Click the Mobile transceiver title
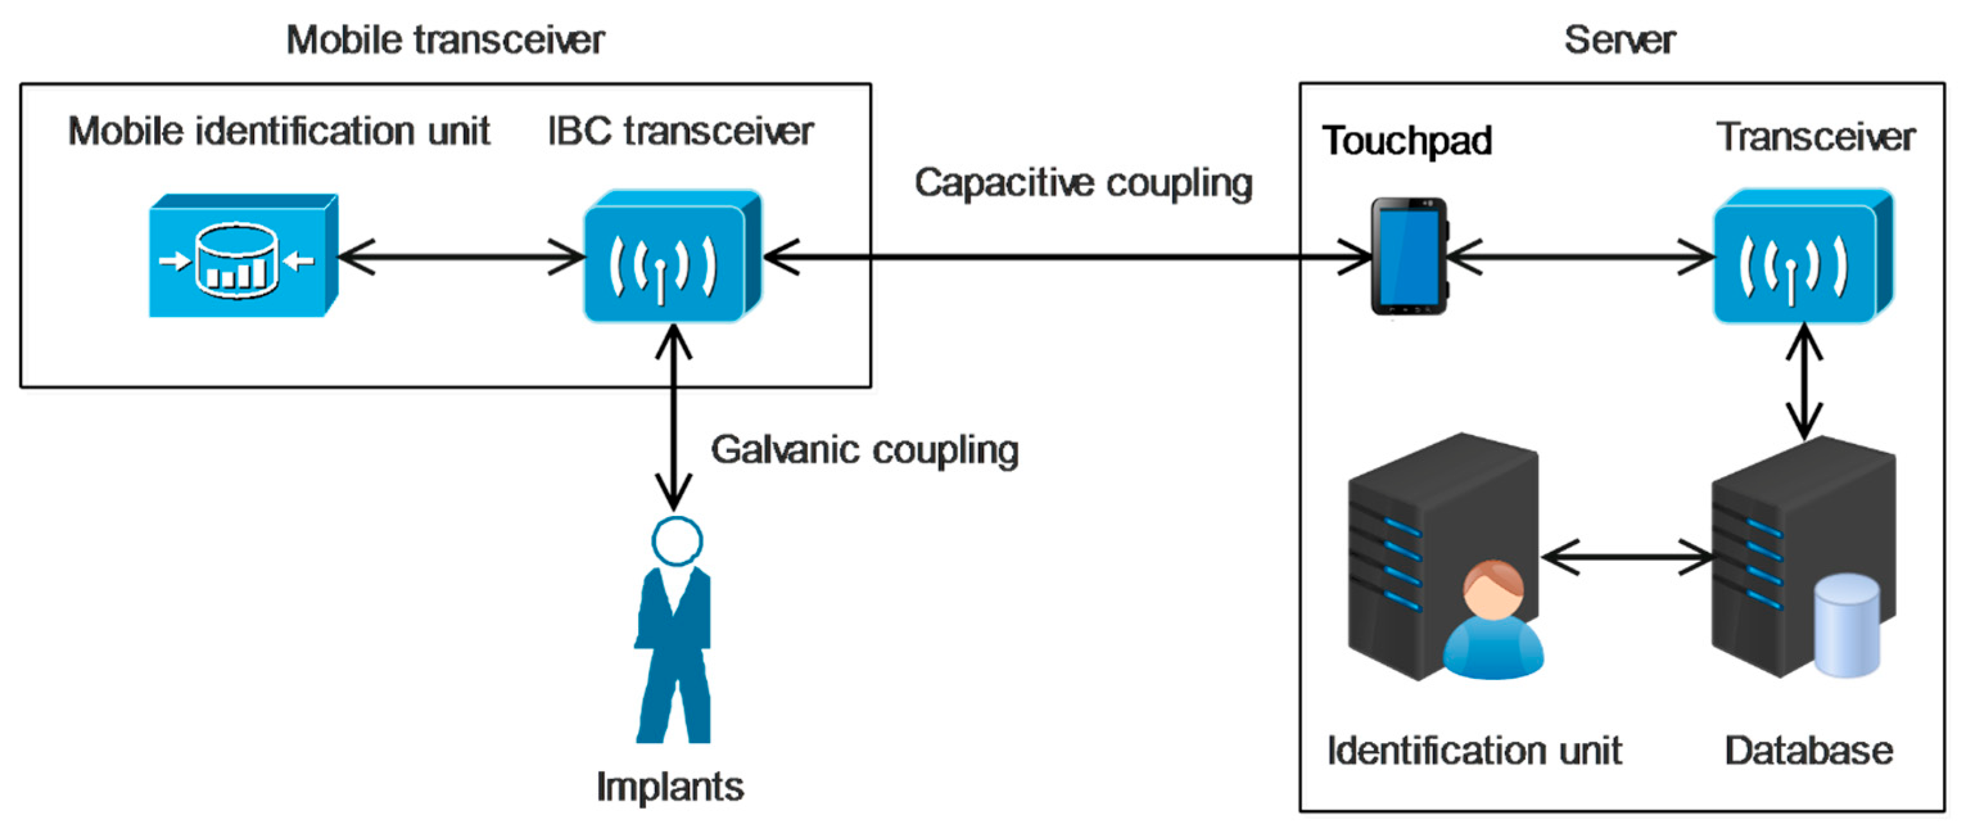pyautogui.click(x=445, y=40)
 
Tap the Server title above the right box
pyautogui.click(x=1619, y=40)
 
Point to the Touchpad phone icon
pyautogui.click(x=1409, y=257)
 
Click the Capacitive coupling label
pyautogui.click(x=1083, y=184)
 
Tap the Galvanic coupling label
pyautogui.click(x=864, y=450)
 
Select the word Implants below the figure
pyautogui.click(x=669, y=787)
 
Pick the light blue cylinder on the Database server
pyautogui.click(x=1846, y=626)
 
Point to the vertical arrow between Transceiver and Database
pyautogui.click(x=1804, y=382)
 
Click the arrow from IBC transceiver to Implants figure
pyautogui.click(x=674, y=416)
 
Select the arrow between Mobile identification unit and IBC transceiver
pyautogui.click(x=462, y=257)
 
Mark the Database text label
pyautogui.click(x=1808, y=751)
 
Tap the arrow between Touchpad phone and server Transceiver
pyautogui.click(x=1580, y=257)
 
